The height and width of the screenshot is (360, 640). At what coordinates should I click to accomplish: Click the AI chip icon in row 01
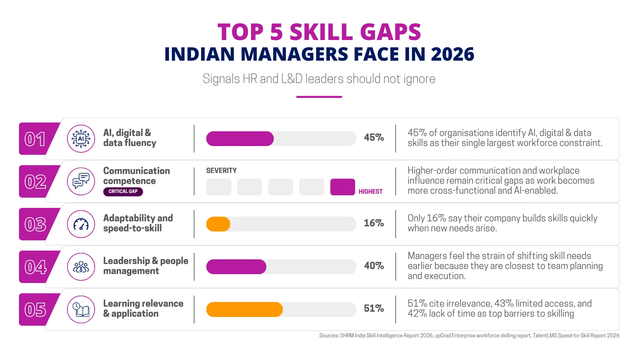click(81, 139)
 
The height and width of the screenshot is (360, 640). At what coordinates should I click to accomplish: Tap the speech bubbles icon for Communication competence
click(81, 181)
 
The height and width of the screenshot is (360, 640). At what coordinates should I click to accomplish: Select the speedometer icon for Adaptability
click(81, 224)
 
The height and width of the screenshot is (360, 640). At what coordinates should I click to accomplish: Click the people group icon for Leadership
click(81, 267)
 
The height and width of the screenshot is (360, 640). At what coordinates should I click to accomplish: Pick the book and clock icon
click(81, 309)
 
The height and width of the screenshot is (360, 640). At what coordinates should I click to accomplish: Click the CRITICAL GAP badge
click(123, 192)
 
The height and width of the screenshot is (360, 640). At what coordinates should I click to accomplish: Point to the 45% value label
click(374, 137)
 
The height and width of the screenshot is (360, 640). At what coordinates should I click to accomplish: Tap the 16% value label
click(374, 223)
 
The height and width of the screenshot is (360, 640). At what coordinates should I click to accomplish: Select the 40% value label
click(374, 266)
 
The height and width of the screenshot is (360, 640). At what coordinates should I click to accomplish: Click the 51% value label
click(374, 308)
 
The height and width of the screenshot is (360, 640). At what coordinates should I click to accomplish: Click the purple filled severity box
click(343, 187)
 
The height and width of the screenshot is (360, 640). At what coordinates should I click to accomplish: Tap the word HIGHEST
click(371, 192)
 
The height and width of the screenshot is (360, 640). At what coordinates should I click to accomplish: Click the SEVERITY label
click(221, 171)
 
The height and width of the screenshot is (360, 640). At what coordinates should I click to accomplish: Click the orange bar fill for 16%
click(218, 224)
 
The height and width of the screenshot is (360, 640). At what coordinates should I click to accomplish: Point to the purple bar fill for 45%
click(240, 139)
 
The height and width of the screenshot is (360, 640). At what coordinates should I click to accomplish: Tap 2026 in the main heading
click(452, 54)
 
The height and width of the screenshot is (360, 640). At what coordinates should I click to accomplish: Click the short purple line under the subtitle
click(319, 97)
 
